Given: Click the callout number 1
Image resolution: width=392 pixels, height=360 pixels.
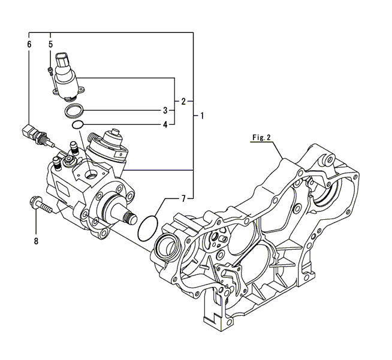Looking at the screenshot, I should pyautogui.click(x=202, y=114).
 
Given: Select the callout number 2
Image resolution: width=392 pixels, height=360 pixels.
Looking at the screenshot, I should pyautogui.click(x=183, y=101).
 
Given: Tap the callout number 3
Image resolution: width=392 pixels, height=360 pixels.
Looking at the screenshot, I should pyautogui.click(x=165, y=110).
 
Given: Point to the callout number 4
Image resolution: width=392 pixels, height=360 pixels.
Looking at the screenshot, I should pyautogui.click(x=165, y=125).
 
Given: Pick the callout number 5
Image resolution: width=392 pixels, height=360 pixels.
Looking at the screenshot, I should pyautogui.click(x=50, y=44).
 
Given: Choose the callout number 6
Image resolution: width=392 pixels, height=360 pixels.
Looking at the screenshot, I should pyautogui.click(x=28, y=44).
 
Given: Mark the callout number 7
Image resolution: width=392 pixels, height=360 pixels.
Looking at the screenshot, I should pyautogui.click(x=183, y=197).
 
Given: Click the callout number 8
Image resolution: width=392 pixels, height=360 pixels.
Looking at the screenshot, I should pyautogui.click(x=35, y=241).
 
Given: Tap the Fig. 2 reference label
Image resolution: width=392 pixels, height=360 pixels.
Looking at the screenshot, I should pyautogui.click(x=261, y=137).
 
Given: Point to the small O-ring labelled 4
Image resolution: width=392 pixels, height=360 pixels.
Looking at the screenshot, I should pyautogui.click(x=76, y=125).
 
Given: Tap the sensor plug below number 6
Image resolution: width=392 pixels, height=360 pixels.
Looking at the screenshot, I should pyautogui.click(x=34, y=132).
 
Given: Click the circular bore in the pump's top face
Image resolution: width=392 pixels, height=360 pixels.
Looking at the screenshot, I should pyautogui.click(x=92, y=175).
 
